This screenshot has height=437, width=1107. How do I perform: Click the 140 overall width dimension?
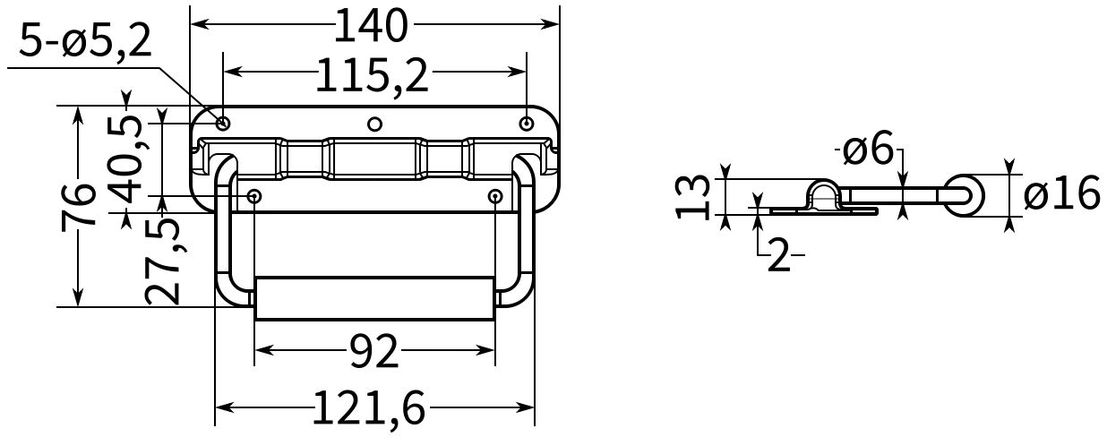371,25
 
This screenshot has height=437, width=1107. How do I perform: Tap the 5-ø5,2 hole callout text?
85,41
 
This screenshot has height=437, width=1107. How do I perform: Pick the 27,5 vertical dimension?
163,261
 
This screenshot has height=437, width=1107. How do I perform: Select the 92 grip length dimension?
373,353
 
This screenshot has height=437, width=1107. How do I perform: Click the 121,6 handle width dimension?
369,409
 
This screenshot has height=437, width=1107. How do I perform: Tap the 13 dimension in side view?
694,196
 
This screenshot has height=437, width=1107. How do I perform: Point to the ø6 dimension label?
868,149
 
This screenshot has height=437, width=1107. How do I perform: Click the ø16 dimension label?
1061,194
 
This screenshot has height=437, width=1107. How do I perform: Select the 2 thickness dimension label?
778,257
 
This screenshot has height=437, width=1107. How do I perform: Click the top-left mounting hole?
223,123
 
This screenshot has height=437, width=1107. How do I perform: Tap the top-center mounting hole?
375,124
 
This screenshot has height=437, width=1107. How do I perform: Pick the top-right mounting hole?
527,123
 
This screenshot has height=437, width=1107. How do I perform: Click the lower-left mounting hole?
255,195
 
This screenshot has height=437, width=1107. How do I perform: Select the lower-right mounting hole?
495,195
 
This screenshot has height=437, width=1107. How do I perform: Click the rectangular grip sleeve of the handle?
374,298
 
